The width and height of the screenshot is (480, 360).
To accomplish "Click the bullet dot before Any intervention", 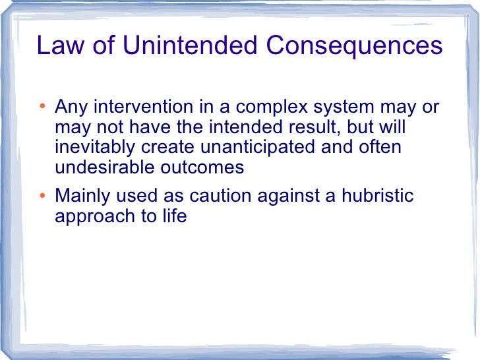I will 42,107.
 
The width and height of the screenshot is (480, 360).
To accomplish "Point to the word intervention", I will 146,107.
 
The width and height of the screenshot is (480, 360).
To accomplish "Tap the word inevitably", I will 96,147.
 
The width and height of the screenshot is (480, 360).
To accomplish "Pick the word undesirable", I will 104,167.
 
